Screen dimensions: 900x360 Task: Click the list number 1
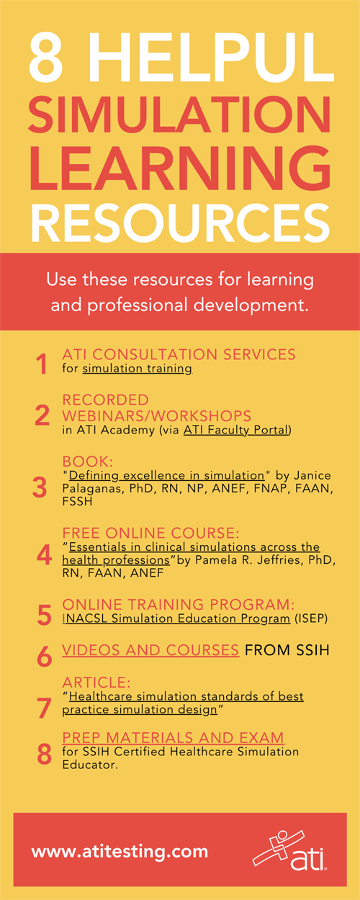pos(42,364)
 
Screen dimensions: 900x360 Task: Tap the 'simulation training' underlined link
pos(137,369)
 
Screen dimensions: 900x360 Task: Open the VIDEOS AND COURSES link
pos(150,650)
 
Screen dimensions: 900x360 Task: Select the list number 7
pos(44,708)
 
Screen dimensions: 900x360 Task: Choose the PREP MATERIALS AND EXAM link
pos(173,737)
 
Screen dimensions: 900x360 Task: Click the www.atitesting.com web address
pos(120,851)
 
